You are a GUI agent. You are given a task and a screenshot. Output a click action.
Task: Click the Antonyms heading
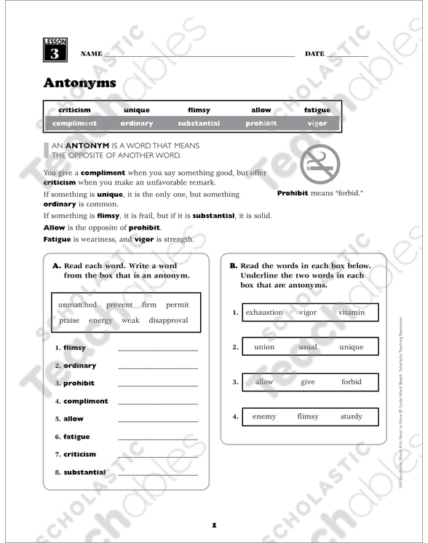click(79, 82)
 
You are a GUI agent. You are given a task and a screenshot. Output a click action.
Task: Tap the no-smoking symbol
click(320, 164)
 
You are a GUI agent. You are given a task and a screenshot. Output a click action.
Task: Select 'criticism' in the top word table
click(74, 110)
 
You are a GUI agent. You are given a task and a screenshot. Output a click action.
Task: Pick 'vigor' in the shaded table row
click(317, 123)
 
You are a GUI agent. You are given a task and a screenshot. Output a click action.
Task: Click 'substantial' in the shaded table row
click(199, 123)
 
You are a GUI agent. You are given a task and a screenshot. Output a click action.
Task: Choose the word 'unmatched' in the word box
click(77, 305)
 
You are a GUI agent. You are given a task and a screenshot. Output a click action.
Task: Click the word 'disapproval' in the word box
click(168, 320)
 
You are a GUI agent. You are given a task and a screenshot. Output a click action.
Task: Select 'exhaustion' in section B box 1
click(264, 313)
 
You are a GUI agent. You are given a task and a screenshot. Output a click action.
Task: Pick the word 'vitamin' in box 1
click(352, 313)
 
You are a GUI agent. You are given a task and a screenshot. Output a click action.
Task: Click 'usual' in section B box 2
click(308, 347)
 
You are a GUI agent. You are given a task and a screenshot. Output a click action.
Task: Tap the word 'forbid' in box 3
click(351, 382)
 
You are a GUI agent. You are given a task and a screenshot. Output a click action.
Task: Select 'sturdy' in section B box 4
click(351, 417)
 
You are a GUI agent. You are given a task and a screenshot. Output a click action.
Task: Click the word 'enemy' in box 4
click(264, 417)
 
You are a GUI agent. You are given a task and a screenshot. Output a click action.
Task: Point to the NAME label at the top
click(92, 55)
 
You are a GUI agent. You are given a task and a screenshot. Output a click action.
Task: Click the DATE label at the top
click(314, 55)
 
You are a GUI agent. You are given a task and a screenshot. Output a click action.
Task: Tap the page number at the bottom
click(214, 524)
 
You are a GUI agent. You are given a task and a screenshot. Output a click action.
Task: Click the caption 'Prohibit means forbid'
click(320, 194)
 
